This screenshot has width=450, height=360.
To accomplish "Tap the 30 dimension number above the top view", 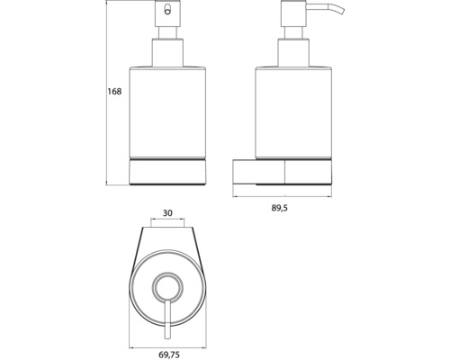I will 166,213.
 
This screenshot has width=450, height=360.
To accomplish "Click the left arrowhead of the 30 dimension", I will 149,222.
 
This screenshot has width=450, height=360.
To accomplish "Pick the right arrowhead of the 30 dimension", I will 185,222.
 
